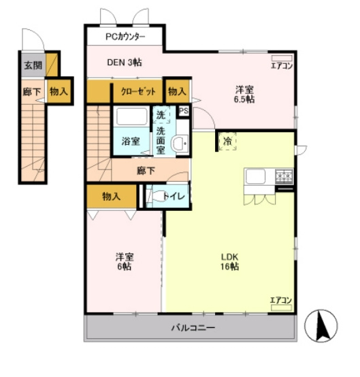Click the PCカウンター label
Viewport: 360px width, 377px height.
125,37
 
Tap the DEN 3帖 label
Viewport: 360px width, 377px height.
125,63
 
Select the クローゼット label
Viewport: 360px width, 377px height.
138,91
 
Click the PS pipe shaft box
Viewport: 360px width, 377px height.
184,111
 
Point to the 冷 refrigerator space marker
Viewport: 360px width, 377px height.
227,141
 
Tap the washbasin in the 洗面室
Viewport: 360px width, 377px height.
180,144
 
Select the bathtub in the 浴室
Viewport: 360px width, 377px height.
131,116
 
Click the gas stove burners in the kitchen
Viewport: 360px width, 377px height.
284,176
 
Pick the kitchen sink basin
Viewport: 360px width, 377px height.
255,176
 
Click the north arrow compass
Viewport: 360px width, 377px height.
321,326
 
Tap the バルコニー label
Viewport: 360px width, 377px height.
193,328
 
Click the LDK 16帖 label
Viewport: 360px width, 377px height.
229,262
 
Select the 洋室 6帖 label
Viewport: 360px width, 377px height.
125,261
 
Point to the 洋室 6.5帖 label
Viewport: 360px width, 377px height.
244,95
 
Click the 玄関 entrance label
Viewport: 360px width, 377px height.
33,65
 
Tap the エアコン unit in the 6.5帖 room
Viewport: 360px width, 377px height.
282,59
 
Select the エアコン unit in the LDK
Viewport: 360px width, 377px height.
281,308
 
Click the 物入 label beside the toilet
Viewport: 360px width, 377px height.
111,197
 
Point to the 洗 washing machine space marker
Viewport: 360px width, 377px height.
161,115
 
